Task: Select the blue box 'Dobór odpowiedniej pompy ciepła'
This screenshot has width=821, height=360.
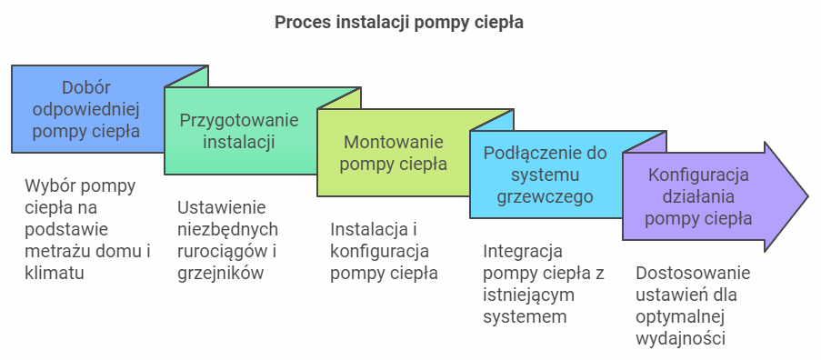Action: (x=86, y=109)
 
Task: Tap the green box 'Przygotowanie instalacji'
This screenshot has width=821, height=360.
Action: (x=239, y=131)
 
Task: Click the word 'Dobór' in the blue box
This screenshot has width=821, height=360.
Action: (x=86, y=87)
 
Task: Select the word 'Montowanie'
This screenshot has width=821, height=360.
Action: (x=393, y=142)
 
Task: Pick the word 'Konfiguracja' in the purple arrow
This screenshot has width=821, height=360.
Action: (x=698, y=175)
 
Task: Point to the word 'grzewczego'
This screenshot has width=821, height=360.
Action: (x=545, y=196)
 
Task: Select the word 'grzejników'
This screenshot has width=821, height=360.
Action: (x=220, y=273)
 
